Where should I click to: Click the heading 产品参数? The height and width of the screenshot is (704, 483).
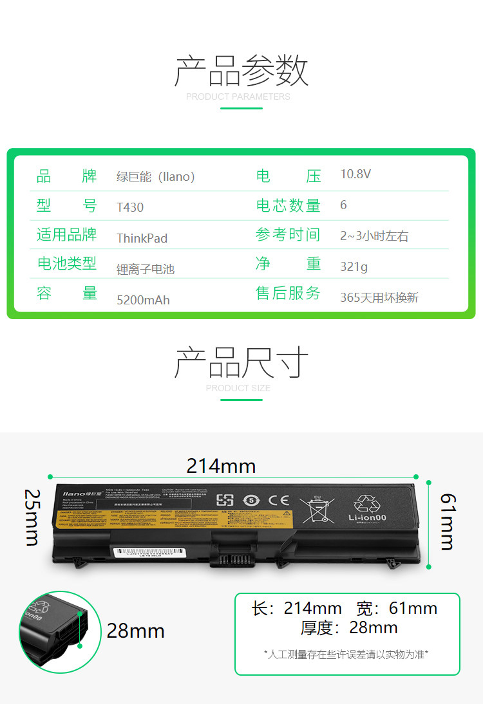pyautogui.click(x=241, y=71)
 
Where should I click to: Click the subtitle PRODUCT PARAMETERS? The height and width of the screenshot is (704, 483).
pyautogui.click(x=238, y=97)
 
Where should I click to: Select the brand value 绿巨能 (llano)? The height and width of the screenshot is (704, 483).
pyautogui.click(x=155, y=176)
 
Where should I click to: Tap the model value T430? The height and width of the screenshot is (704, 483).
pyautogui.click(x=130, y=207)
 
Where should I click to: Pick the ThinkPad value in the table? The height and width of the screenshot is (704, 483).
pyautogui.click(x=142, y=238)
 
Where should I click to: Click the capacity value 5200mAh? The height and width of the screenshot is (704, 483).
pyautogui.click(x=143, y=300)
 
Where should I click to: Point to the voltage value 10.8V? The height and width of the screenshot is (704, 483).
pyautogui.click(x=355, y=174)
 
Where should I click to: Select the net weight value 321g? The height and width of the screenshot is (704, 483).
pyautogui.click(x=354, y=266)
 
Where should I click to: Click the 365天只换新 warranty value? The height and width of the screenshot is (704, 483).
pyautogui.click(x=379, y=297)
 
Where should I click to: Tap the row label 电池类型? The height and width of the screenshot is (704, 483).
pyautogui.click(x=66, y=263)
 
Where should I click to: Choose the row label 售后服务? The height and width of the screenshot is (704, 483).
pyautogui.click(x=288, y=293)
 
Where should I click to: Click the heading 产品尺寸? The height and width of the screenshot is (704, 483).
pyautogui.click(x=241, y=363)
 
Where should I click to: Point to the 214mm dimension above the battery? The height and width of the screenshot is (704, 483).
pyautogui.click(x=221, y=465)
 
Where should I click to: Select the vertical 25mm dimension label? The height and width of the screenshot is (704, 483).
pyautogui.click(x=32, y=517)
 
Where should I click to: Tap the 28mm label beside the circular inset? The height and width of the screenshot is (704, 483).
pyautogui.click(x=135, y=631)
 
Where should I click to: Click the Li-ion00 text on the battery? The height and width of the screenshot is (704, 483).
pyautogui.click(x=368, y=517)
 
